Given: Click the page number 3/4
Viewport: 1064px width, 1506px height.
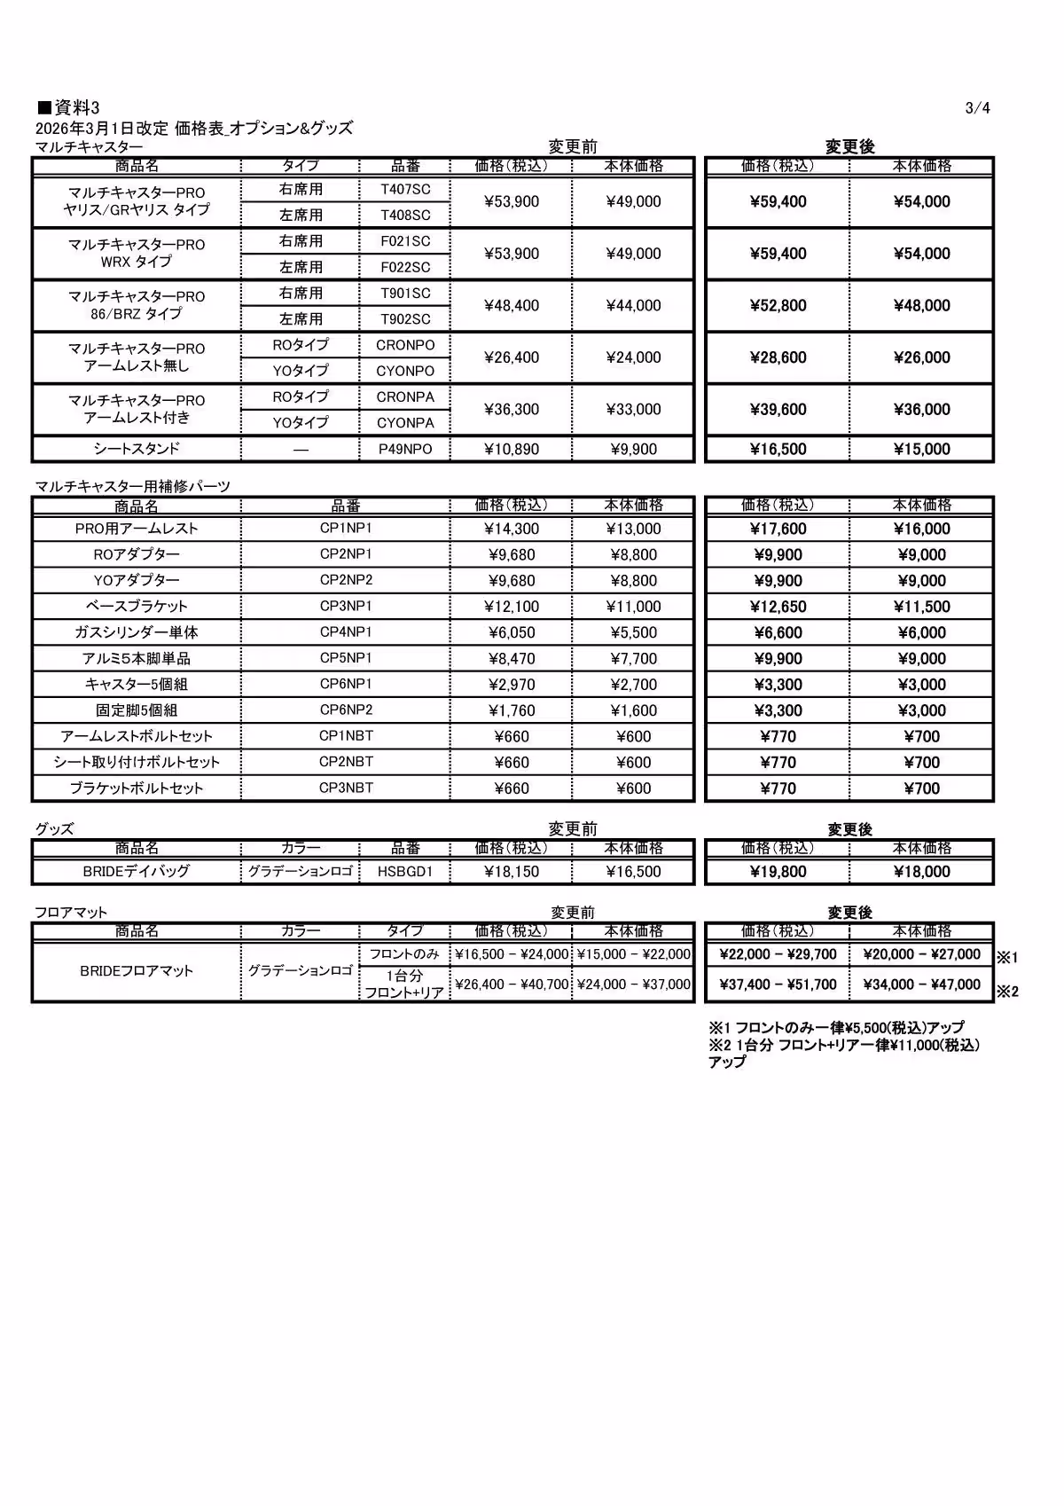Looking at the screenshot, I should click(977, 108).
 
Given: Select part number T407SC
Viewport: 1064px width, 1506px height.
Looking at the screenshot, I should click(405, 189).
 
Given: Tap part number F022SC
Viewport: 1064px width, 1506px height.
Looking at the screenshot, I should click(405, 267).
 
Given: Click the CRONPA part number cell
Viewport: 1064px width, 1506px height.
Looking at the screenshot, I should click(405, 396).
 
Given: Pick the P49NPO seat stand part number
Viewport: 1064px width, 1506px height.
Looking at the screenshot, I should click(405, 449).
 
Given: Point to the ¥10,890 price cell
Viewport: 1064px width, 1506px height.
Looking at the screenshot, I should click(512, 449).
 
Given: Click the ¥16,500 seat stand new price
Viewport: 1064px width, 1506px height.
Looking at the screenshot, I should click(778, 449).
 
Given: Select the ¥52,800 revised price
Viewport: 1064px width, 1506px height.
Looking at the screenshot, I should click(778, 306).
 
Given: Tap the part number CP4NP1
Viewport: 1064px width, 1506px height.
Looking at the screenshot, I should click(346, 632).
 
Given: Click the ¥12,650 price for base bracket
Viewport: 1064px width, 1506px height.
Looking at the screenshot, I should click(778, 607).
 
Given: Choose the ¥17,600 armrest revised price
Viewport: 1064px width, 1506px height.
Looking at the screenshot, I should click(778, 529).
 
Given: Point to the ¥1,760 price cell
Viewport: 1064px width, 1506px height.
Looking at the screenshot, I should click(512, 710).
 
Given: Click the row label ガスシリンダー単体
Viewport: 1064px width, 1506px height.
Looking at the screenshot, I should click(137, 632).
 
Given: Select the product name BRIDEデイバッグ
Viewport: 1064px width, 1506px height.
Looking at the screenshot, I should click(137, 871).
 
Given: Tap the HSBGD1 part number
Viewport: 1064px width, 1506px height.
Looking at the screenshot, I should click(405, 871).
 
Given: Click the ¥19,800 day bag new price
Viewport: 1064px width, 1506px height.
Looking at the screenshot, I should click(778, 871).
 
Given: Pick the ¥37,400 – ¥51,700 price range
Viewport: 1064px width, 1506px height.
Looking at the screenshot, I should click(778, 984).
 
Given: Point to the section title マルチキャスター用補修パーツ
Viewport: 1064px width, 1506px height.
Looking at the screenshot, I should click(133, 486).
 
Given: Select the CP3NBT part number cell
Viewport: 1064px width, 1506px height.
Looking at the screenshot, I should click(346, 788).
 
